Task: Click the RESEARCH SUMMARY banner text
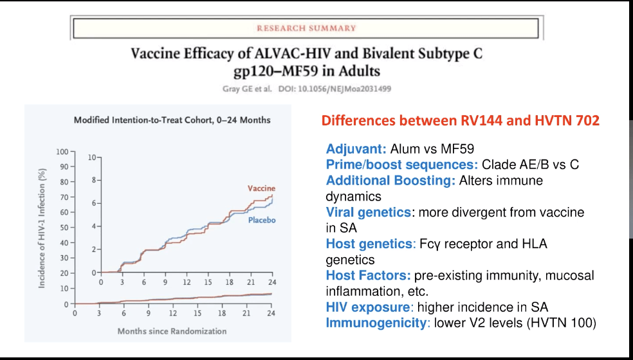tap(306, 28)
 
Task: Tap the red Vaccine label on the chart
tap(261, 188)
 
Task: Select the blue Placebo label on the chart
tap(262, 221)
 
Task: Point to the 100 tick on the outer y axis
tap(62, 152)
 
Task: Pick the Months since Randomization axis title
tap(172, 331)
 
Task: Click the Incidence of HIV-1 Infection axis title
tap(42, 228)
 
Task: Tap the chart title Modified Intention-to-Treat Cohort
tap(172, 120)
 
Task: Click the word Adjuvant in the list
tap(356, 149)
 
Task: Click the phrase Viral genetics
tap(368, 212)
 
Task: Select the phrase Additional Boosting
tap(390, 181)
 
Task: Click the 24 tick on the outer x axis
tap(271, 313)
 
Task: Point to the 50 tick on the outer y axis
tap(64, 228)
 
